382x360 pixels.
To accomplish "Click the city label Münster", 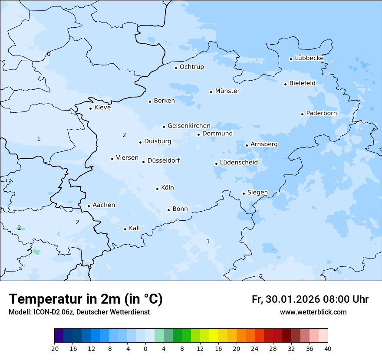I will [227, 91].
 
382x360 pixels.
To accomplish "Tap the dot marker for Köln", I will [157, 189].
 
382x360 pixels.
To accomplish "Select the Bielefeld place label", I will [302, 83].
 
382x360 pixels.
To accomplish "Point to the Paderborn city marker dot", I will [302, 114].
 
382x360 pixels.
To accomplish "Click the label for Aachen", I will [104, 205].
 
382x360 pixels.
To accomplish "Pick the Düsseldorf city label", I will [163, 161].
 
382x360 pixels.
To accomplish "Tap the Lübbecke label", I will [309, 58].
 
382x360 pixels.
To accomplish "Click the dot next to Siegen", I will [244, 193].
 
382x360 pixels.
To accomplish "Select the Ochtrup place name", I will [191, 67].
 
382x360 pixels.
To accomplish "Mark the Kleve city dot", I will [90, 108].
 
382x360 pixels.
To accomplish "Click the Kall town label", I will [134, 228].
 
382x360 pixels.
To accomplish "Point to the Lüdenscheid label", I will [239, 163].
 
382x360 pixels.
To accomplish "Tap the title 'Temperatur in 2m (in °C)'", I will [86, 299].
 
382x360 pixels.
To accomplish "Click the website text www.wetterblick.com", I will [313, 312].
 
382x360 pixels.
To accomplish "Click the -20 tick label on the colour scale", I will [54, 349].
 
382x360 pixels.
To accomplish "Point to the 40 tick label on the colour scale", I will [327, 349].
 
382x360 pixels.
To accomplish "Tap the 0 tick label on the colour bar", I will [145, 349].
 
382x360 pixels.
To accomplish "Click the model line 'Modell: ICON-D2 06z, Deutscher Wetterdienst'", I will [79, 312].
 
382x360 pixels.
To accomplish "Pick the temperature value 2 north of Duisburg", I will [124, 135].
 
